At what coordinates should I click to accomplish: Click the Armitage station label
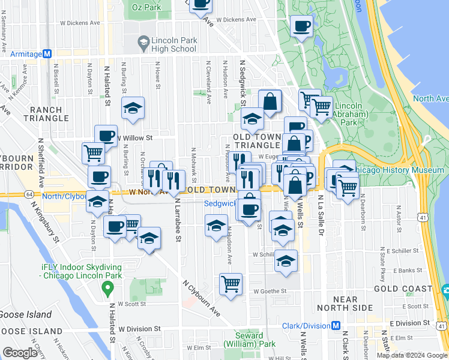[x=25, y=53]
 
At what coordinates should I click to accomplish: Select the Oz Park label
[x=146, y=8]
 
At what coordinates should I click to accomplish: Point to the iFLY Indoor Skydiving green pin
[x=107, y=290]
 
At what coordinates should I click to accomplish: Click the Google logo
[x=20, y=352]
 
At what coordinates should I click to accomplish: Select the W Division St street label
[x=139, y=329]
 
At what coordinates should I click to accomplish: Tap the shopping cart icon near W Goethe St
[x=231, y=284]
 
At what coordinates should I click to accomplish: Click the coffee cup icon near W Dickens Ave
[x=301, y=26]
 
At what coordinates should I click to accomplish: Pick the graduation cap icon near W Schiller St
[x=286, y=261]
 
